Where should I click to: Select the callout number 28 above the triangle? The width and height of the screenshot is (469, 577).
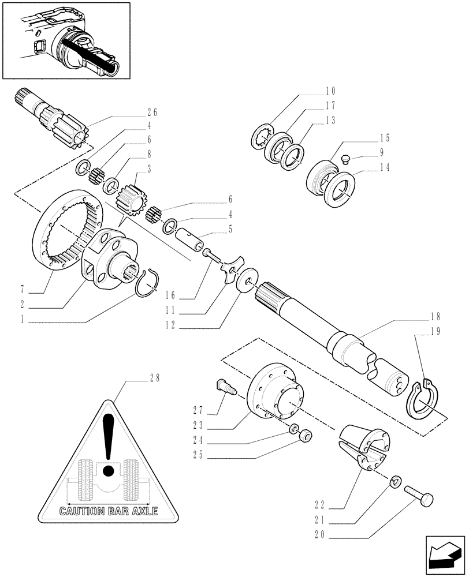pos(154,379)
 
